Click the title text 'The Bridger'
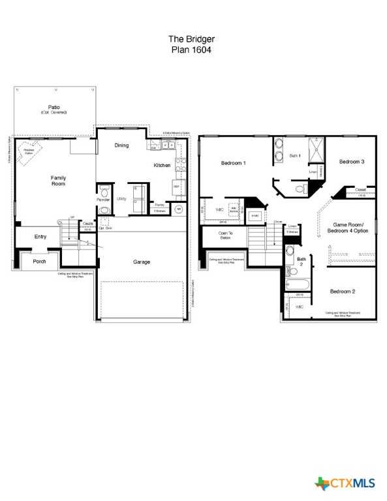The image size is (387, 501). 193,39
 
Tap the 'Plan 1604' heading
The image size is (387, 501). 193,49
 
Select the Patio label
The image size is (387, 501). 54,109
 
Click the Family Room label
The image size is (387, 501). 59,181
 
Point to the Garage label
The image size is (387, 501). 142,262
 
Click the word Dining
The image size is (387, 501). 121,145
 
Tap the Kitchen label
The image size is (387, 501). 162,166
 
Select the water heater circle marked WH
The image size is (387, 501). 178,209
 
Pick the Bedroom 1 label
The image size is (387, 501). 233,162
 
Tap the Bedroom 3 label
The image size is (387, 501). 351,162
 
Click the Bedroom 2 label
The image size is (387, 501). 342,291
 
